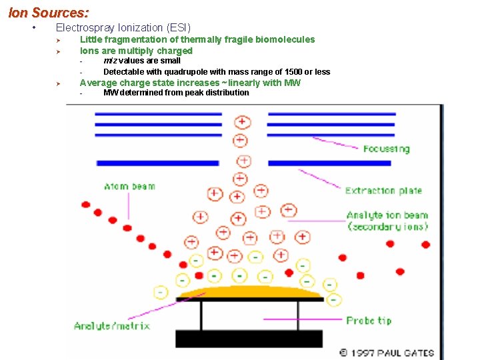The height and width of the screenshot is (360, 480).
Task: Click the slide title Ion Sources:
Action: click(48, 12)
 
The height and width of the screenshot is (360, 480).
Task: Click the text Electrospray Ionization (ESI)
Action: click(123, 28)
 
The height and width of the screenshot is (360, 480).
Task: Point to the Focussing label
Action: click(386, 149)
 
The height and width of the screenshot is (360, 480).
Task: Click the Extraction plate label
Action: click(383, 191)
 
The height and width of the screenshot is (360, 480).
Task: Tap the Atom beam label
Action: click(129, 187)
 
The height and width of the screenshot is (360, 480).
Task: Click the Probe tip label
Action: click(369, 321)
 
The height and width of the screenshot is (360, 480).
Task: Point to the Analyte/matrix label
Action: click(111, 326)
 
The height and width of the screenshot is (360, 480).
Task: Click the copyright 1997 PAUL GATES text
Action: click(387, 353)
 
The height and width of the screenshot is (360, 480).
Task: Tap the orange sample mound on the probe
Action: click(251, 291)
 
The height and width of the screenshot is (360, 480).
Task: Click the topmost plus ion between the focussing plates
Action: click(241, 123)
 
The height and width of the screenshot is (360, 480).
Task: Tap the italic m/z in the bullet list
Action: click(110, 61)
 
